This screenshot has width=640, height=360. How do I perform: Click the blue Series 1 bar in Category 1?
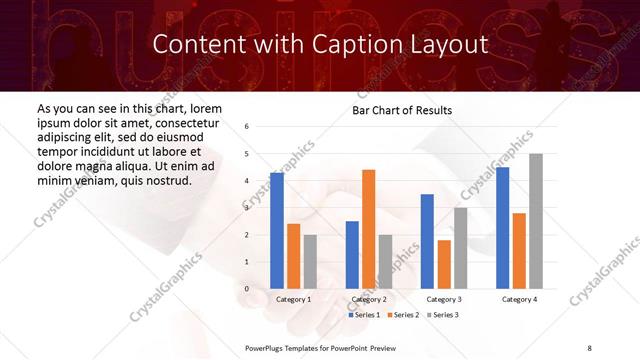tap(277, 231)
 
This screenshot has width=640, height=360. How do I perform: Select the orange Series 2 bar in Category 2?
tap(368, 229)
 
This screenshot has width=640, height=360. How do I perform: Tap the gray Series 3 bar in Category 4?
tap(536, 221)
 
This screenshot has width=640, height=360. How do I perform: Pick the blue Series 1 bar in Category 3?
tap(427, 241)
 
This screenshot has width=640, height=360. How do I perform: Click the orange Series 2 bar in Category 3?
tap(443, 264)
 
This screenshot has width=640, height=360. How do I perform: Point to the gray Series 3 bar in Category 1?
tap(310, 262)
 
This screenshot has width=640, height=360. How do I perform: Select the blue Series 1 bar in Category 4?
tap(502, 228)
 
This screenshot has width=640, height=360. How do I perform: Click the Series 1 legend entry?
tap(365, 315)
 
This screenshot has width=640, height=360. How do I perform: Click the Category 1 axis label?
tap(293, 299)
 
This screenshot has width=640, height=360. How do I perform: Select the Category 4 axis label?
tap(519, 299)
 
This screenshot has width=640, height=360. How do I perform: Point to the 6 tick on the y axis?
tap(247, 127)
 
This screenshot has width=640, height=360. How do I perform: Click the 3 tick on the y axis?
tap(247, 208)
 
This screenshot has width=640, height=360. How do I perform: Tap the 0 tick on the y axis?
tap(247, 289)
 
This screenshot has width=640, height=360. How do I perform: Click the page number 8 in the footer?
tap(589, 347)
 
